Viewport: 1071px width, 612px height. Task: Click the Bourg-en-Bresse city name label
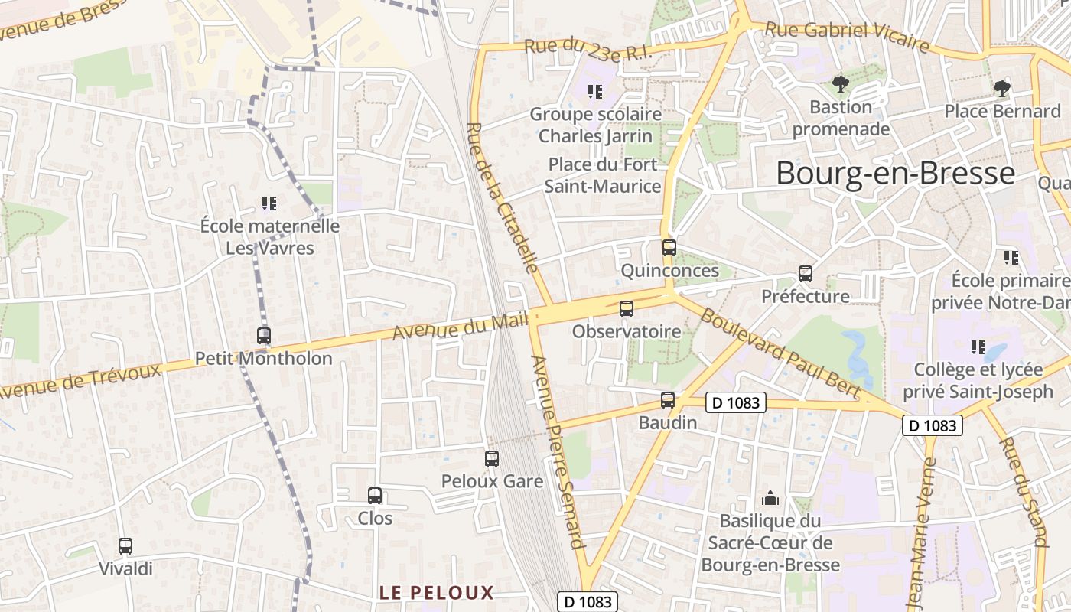click(895, 174)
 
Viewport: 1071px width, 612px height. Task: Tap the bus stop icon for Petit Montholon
click(264, 336)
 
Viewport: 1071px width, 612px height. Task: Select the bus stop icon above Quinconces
click(669, 248)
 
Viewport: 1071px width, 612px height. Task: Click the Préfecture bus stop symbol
click(805, 274)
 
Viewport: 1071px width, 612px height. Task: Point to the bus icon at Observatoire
click(627, 309)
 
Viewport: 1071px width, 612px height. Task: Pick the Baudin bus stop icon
click(668, 400)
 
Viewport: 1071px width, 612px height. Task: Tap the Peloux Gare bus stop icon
click(492, 459)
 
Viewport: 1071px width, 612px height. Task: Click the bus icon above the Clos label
click(375, 496)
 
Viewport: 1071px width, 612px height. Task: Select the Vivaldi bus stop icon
click(125, 546)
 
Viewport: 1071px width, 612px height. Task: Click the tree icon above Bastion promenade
click(840, 84)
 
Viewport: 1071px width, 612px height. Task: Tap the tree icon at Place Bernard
click(1001, 89)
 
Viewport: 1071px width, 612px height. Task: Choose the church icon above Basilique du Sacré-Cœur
click(770, 499)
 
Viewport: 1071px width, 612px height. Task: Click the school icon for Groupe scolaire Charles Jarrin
click(594, 92)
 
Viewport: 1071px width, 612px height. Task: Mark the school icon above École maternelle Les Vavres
click(269, 203)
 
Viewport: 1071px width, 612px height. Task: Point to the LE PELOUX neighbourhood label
click(437, 592)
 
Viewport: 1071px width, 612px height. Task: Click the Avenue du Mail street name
click(461, 327)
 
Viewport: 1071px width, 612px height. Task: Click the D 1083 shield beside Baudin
click(734, 402)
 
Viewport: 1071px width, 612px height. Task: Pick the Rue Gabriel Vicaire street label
click(847, 37)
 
